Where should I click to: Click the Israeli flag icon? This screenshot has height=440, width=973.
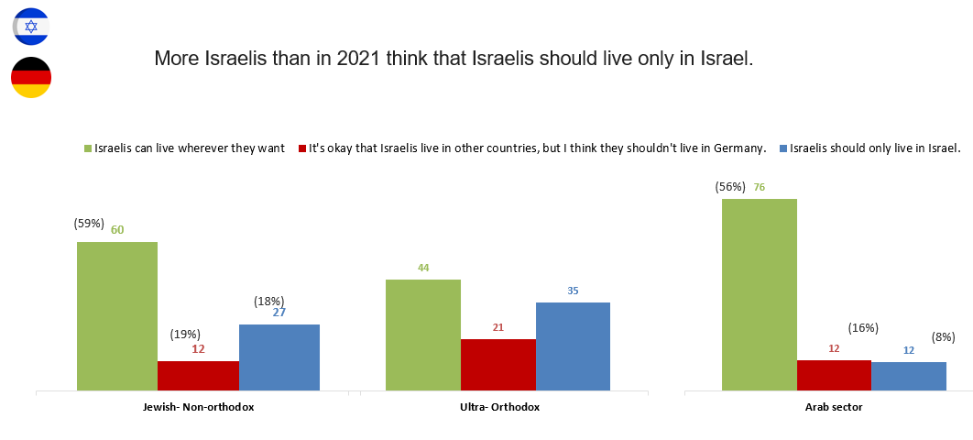tap(31, 26)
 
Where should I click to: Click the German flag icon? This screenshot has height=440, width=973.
tap(31, 77)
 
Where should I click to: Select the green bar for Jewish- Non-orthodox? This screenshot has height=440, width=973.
tap(117, 316)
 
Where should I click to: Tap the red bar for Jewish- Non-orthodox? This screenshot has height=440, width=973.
tap(198, 376)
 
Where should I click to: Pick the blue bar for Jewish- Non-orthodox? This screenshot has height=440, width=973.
tap(279, 357)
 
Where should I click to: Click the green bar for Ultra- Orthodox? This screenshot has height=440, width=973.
tap(423, 335)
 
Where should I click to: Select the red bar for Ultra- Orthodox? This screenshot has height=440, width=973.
tap(498, 365)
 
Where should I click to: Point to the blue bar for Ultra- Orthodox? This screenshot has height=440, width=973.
tap(573, 346)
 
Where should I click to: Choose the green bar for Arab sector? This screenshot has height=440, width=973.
tap(760, 294)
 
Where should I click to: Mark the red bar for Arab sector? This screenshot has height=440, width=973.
tap(834, 375)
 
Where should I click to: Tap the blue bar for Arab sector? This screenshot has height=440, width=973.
tap(909, 376)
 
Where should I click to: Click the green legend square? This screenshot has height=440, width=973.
tap(88, 148)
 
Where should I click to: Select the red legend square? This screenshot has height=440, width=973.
tap(302, 148)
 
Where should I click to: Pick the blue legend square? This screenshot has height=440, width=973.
tap(782, 148)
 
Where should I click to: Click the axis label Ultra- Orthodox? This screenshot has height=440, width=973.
tap(498, 406)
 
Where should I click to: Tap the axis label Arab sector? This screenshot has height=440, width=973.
tap(834, 406)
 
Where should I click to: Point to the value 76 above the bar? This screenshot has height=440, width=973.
tap(759, 187)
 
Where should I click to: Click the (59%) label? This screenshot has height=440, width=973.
tap(90, 223)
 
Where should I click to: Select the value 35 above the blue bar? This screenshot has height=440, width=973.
tap(573, 291)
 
